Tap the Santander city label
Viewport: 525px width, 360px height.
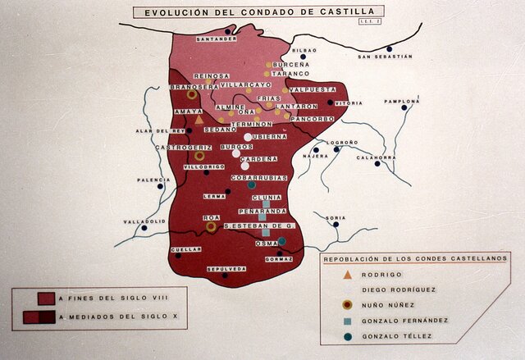[x=217, y=39]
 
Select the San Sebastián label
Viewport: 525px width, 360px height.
[x=385, y=57]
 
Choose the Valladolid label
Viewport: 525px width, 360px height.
[x=144, y=221]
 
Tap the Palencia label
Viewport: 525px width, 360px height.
[x=153, y=180]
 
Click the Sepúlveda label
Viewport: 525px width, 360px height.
[x=226, y=269]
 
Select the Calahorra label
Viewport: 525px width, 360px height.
[x=377, y=157]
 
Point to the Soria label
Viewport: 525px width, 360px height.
[x=336, y=218]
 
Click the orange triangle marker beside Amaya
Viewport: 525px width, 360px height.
[x=199, y=120]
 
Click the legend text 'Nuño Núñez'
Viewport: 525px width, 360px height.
[x=395, y=305]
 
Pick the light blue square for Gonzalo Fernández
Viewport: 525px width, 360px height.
[x=347, y=321]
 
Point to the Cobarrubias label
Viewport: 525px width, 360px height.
[x=258, y=176]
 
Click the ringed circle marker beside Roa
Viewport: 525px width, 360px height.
[x=211, y=226]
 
